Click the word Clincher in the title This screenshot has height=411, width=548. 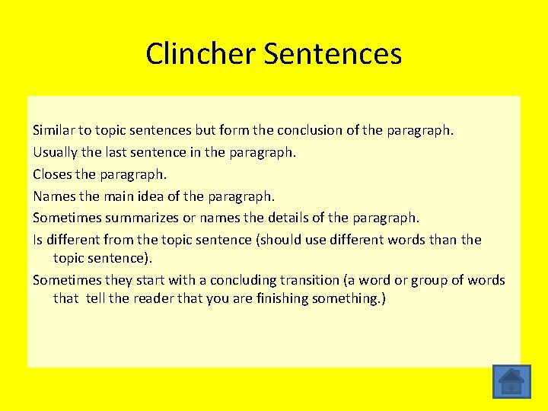(201, 54)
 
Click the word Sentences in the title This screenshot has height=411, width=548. (333, 54)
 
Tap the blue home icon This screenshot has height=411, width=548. (511, 381)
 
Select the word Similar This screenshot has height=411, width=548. (55, 130)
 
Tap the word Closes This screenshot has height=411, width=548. (53, 174)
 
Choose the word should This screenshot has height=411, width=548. (282, 241)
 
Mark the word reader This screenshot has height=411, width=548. (155, 298)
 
